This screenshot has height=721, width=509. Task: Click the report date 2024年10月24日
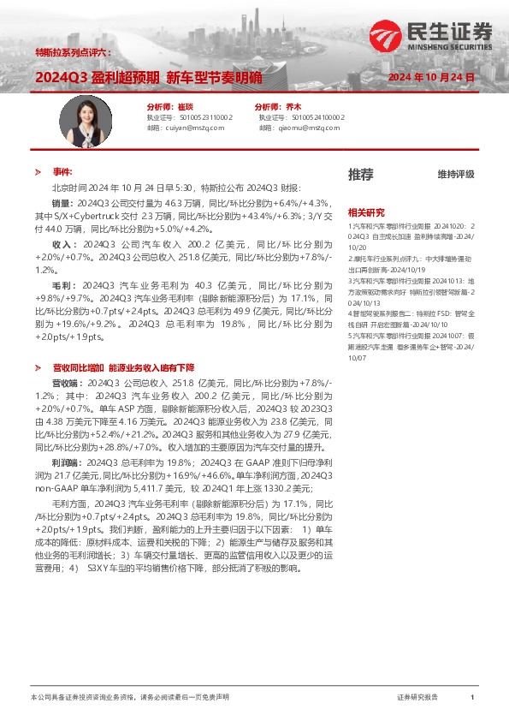(432, 77)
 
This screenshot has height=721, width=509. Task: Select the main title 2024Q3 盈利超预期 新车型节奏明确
(149, 77)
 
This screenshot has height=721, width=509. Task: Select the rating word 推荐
(360, 174)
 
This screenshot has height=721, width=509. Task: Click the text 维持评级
(456, 175)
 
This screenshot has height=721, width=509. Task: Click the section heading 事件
(62, 171)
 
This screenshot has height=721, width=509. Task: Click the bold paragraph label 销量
(62, 204)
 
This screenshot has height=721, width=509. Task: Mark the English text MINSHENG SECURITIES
(454, 48)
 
